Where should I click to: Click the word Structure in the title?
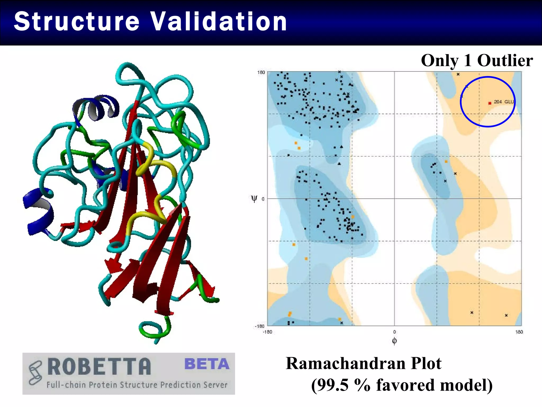pyautogui.click(x=76, y=21)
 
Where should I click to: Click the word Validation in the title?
pyautogui.click(x=219, y=21)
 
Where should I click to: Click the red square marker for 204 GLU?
pyautogui.click(x=490, y=103)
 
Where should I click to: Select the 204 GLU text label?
pyautogui.click(x=503, y=102)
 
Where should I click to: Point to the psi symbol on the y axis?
pyautogui.click(x=254, y=199)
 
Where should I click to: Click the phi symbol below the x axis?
pyautogui.click(x=394, y=341)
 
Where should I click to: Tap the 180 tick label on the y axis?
pyautogui.click(x=261, y=72)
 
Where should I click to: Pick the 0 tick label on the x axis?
pyautogui.click(x=394, y=332)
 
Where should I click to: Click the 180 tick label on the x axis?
pyautogui.click(x=519, y=332)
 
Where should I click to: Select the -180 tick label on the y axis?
pyautogui.click(x=259, y=326)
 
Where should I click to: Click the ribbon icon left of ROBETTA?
pyautogui.click(x=35, y=372)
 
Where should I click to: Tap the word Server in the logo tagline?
pyautogui.click(x=215, y=385)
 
